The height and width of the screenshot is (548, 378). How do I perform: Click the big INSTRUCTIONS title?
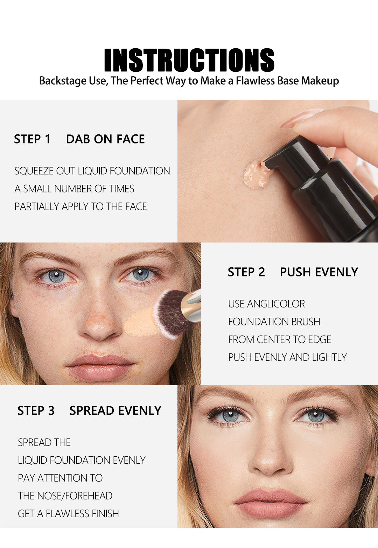point(189,60)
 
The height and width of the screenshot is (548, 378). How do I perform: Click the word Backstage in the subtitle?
point(63,81)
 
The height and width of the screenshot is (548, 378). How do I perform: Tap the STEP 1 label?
point(32,139)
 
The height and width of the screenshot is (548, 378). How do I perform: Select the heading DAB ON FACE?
point(105,139)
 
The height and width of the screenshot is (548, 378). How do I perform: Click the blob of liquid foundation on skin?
point(257,175)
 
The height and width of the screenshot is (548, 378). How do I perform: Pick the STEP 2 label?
point(246,272)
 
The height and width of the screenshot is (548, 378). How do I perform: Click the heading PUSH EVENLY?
point(319,272)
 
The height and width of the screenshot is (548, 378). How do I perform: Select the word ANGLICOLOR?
point(276,304)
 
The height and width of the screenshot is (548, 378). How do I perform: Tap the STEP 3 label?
point(36,410)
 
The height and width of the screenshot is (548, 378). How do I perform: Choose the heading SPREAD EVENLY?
point(115,410)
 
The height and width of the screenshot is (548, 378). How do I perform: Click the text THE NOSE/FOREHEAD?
point(65,496)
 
